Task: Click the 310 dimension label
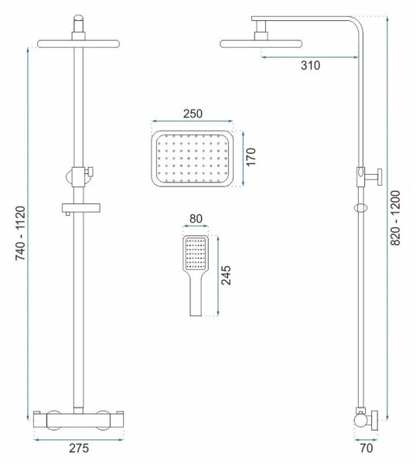coord(310,66)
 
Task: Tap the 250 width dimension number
coord(193,114)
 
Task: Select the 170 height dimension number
coord(251,157)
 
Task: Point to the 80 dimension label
coord(196,219)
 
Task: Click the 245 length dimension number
coord(226,275)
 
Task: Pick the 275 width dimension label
coord(79,448)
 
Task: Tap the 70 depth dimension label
coord(367,448)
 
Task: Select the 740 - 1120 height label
coord(21,234)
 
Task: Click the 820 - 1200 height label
coord(395,218)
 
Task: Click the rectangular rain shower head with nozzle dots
coord(193,159)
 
